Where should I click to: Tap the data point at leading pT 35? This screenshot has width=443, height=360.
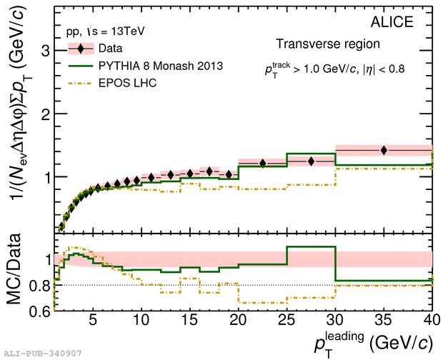tap(384, 150)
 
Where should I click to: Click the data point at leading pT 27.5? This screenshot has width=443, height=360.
tap(312, 161)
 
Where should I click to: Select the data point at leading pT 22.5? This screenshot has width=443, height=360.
tap(263, 164)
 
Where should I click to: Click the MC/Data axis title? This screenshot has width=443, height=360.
tap(16, 271)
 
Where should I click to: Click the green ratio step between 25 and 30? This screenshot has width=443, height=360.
tap(311, 246)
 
